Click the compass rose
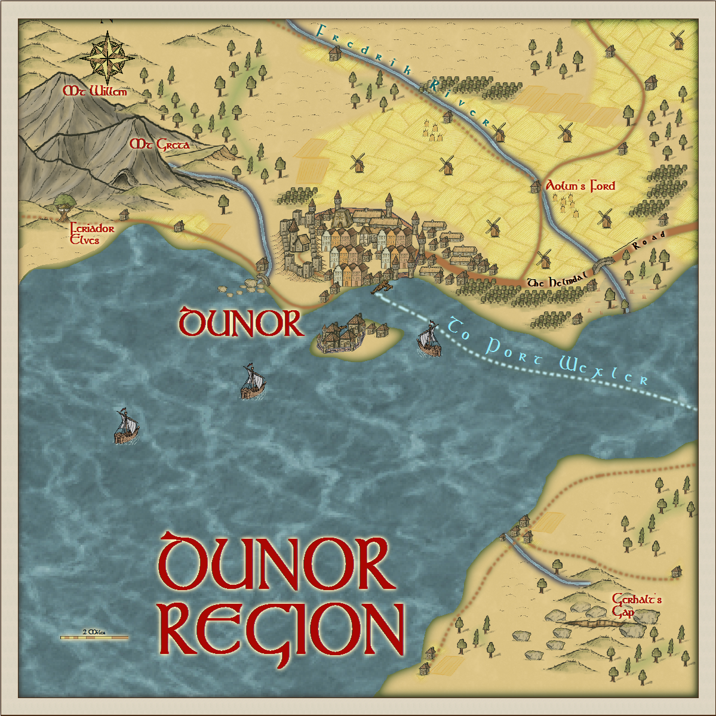coord(107,58)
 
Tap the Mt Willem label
coord(96,92)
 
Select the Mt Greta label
coord(160,144)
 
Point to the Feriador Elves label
coord(91,234)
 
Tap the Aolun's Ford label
coord(580,186)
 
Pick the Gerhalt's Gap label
coord(636,605)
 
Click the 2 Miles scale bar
coord(94,637)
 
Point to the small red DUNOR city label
coord(241,323)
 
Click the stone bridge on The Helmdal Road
coord(606,263)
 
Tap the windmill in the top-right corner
coord(677,40)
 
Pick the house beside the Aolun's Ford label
coord(535,187)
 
